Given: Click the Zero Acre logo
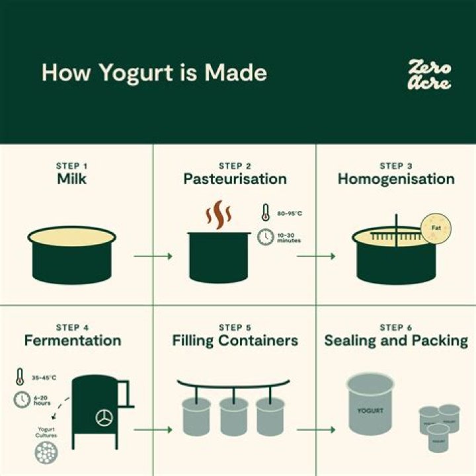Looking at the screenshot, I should tap(430, 74).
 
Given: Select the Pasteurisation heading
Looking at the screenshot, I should tap(235, 179).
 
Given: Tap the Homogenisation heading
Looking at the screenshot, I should tap(396, 179).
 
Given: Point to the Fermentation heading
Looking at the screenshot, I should tap(73, 341).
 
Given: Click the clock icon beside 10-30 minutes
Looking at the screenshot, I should tap(265, 236).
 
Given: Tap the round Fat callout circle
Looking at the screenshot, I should tap(436, 229).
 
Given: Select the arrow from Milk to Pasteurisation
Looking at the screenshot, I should tap(153, 255).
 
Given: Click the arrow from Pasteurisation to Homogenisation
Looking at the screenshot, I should tap(315, 255).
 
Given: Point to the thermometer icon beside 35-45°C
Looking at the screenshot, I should tap(20, 377).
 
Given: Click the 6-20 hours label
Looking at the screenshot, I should tap(42, 401).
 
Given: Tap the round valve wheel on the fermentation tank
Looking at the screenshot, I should tap(104, 418).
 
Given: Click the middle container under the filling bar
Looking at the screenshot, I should tap(233, 416).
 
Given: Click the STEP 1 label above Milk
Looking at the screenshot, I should tap(73, 166).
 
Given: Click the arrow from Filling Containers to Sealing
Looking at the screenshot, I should tap(315, 430).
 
